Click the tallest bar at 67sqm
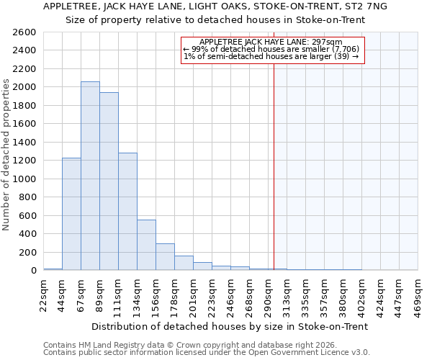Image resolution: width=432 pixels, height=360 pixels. click(x=90, y=176)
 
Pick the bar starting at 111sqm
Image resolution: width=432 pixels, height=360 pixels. click(x=127, y=212)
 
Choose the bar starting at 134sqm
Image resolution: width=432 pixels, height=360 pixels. click(x=146, y=245)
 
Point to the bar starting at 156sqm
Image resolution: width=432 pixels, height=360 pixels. click(x=165, y=257)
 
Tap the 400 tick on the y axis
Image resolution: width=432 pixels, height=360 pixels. click(x=27, y=234)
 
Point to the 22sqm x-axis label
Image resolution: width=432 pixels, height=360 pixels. click(x=44, y=294)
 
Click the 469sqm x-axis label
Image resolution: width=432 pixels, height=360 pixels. click(x=418, y=294)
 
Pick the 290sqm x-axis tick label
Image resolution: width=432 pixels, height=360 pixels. click(x=269, y=294)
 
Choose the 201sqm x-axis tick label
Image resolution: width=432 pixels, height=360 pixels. click(x=194, y=294)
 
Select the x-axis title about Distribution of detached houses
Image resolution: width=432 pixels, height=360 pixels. click(x=230, y=326)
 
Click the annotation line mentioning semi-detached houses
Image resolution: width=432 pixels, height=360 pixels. click(x=271, y=56)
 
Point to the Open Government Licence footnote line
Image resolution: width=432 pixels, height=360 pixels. click(x=207, y=353)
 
